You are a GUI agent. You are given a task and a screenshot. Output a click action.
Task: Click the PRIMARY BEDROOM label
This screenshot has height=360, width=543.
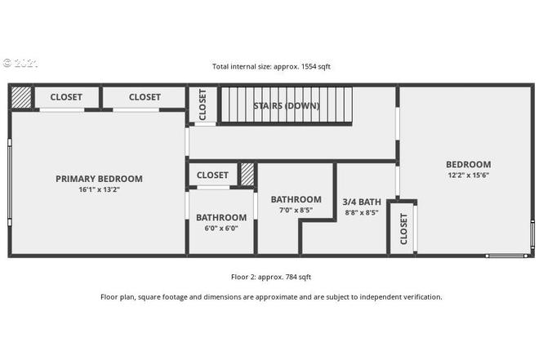(99, 179)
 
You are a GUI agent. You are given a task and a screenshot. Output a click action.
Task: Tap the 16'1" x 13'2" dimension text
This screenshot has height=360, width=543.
(99, 189)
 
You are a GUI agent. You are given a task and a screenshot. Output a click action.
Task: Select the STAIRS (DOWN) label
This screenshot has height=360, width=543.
(287, 105)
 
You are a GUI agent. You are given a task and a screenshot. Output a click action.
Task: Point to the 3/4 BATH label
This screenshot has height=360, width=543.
(362, 202)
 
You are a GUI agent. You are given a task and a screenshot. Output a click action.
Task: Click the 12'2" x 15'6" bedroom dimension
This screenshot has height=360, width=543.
(468, 175)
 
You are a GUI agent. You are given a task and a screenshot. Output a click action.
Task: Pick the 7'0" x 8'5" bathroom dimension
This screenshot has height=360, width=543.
(296, 210)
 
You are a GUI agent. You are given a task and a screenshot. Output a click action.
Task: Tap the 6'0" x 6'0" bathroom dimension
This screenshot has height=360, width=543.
(221, 228)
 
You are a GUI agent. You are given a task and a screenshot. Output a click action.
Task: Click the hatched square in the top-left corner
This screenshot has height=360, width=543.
(21, 97)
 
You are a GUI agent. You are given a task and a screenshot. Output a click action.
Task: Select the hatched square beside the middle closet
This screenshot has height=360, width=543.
(247, 174)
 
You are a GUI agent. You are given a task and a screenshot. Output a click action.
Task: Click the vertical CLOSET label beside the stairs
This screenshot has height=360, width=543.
(203, 104)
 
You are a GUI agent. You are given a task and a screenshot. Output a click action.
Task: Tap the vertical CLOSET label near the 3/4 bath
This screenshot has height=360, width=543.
(404, 229)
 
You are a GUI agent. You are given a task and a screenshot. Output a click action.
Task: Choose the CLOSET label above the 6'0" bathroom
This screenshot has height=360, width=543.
(212, 176)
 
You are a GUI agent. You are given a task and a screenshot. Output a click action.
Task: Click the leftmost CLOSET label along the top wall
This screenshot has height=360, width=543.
(66, 97)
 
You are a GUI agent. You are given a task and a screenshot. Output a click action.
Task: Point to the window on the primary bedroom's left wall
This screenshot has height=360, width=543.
(10, 182)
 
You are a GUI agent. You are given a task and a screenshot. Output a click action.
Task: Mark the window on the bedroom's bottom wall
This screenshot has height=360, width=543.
(506, 256)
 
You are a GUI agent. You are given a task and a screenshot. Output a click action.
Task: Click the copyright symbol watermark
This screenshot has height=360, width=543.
(7, 63)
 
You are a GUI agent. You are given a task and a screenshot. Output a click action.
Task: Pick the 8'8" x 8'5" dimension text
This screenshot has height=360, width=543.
(362, 212)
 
